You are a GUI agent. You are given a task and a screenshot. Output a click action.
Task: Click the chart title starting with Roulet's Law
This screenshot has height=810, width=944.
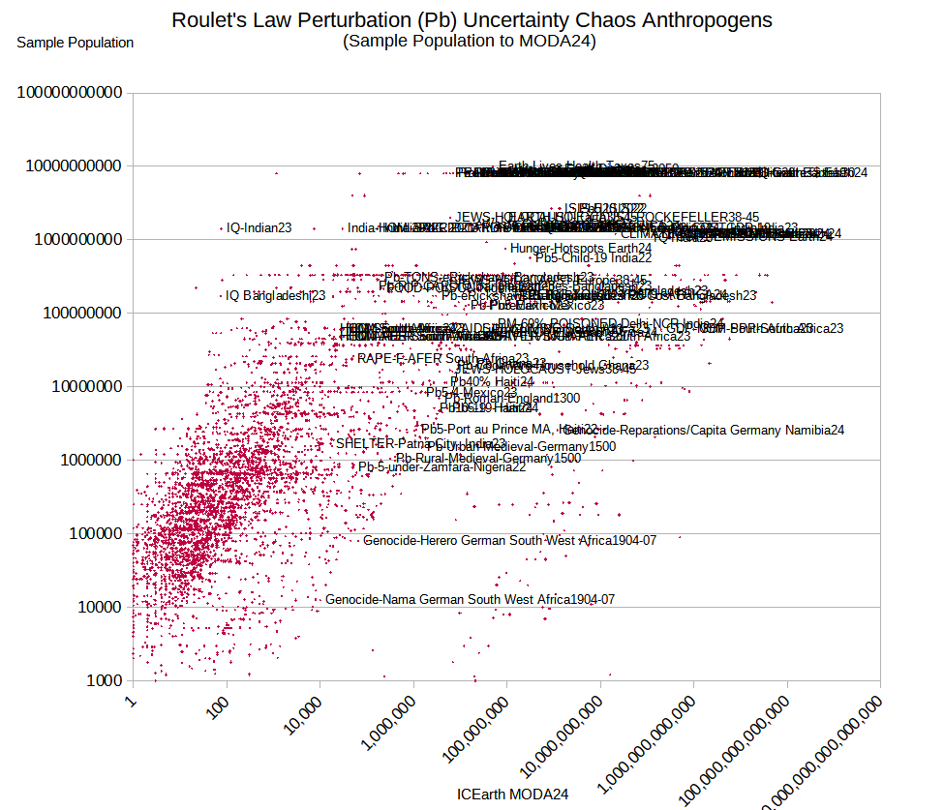(x=472, y=20)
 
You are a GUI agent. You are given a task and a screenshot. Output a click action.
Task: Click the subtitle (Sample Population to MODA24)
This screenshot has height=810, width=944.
(x=470, y=41)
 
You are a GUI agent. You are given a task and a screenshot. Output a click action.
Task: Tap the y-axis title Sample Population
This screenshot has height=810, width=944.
(x=76, y=43)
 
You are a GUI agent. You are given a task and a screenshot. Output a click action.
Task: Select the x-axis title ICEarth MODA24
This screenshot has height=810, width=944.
(x=512, y=794)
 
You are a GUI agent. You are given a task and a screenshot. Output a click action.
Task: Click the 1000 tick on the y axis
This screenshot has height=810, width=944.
(x=103, y=681)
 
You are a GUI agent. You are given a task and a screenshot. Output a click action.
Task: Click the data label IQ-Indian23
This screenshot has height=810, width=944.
(x=259, y=228)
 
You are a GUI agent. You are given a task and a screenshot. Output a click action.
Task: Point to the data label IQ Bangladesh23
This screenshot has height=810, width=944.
(x=275, y=296)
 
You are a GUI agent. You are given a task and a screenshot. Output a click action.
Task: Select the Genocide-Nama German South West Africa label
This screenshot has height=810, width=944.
(x=470, y=600)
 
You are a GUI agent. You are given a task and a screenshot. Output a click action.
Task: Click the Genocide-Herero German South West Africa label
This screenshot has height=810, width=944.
(x=509, y=541)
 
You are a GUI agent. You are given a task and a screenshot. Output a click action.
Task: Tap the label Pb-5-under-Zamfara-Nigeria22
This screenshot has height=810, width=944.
(x=442, y=468)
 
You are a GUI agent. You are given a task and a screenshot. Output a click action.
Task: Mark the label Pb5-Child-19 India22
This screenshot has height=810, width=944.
(x=594, y=258)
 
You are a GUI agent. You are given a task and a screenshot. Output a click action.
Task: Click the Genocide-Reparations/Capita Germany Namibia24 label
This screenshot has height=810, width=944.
(x=704, y=430)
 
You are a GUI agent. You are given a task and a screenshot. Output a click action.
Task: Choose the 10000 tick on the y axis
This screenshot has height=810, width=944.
(x=92, y=608)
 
